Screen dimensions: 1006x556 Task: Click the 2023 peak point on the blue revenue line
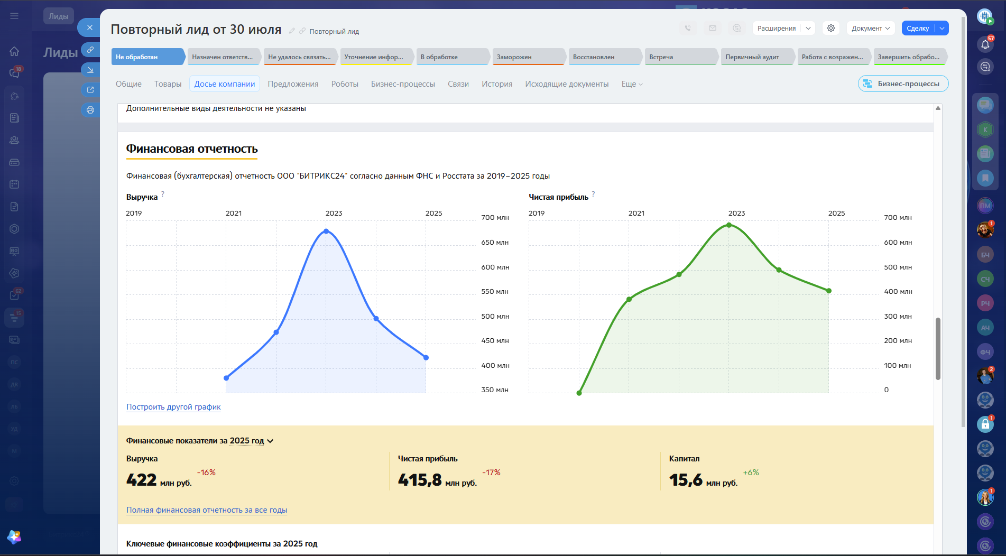pos(326,231)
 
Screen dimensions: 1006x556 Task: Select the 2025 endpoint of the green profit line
pos(829,291)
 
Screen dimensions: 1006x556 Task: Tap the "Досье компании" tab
pos(225,84)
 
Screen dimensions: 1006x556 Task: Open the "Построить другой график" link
pos(173,407)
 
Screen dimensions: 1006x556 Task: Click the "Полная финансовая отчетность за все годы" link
pos(207,510)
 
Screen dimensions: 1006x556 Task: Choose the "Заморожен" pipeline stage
pos(529,57)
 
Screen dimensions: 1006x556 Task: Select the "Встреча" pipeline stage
pos(681,57)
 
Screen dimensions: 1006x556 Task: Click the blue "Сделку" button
pos(918,29)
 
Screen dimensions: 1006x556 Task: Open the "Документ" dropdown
pos(871,29)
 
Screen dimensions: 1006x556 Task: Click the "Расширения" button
pos(777,29)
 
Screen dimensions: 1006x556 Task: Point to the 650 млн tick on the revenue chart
pos(495,243)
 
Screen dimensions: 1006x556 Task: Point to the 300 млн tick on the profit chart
pos(898,317)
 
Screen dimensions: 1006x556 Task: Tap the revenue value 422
pos(141,480)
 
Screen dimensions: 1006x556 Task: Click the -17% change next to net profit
pos(491,472)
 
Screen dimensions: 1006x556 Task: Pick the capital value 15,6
pos(686,480)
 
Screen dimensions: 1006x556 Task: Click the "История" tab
pos(497,84)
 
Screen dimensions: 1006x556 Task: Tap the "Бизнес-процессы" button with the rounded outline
pos(903,84)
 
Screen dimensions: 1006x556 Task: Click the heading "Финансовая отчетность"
pos(192,149)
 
